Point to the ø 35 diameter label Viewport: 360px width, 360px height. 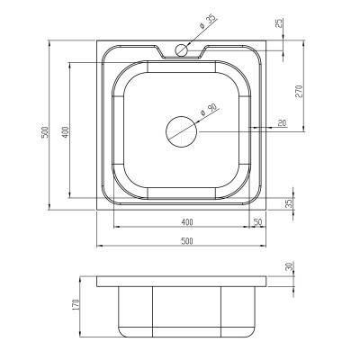pos(206,22)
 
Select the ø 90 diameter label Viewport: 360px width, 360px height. pos(208,110)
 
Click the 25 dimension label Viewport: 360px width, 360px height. pos(279,23)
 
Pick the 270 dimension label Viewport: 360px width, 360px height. pos(300,92)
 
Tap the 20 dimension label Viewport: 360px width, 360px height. pos(282,122)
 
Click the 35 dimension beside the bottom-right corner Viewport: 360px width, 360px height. pos(288,204)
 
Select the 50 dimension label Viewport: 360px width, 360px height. pos(258,222)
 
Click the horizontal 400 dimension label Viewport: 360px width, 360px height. pos(187,222)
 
